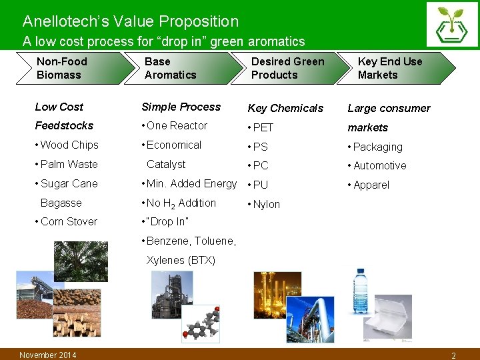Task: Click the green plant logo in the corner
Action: (452, 25)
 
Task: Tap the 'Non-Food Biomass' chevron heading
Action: (62, 68)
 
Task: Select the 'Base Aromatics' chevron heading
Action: (170, 68)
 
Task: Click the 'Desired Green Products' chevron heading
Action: (287, 68)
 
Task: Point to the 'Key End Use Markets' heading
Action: (390, 68)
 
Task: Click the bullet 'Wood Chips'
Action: (67, 145)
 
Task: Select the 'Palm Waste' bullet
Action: (67, 164)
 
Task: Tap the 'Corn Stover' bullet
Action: (67, 221)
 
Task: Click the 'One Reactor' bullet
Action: (175, 125)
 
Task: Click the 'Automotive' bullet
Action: (377, 165)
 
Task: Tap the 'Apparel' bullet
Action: (369, 185)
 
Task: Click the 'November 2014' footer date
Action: (48, 355)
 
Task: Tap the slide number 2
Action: (453, 355)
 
